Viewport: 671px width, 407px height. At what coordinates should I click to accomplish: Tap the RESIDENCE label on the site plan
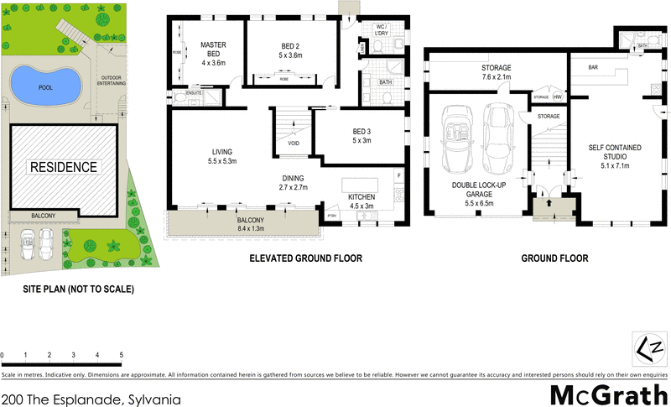point(64,167)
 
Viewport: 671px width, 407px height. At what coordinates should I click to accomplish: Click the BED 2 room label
point(284,50)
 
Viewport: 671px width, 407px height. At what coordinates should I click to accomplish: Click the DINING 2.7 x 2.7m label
point(294,183)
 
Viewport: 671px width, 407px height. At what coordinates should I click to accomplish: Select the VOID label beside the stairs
point(293,143)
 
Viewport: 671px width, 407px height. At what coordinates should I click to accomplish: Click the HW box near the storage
point(557,97)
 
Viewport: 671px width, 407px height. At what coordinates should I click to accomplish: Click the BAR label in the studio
point(592,67)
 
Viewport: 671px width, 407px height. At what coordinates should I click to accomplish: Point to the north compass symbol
point(648,346)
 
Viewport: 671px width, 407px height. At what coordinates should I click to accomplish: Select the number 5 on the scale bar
point(122,356)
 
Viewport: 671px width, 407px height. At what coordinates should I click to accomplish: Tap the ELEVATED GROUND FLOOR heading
point(305,258)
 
